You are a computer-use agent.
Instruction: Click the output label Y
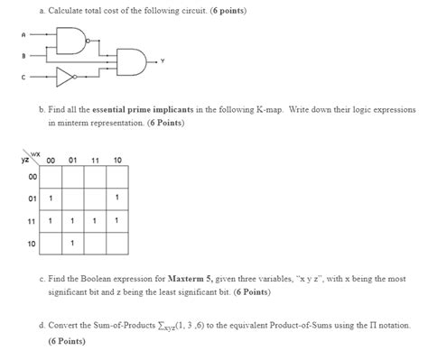point(162,60)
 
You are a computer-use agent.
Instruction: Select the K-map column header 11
point(95,161)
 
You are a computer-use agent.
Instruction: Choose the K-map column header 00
point(51,161)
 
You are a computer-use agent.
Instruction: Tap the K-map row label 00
point(30,177)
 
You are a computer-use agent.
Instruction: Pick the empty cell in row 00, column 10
point(117,177)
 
